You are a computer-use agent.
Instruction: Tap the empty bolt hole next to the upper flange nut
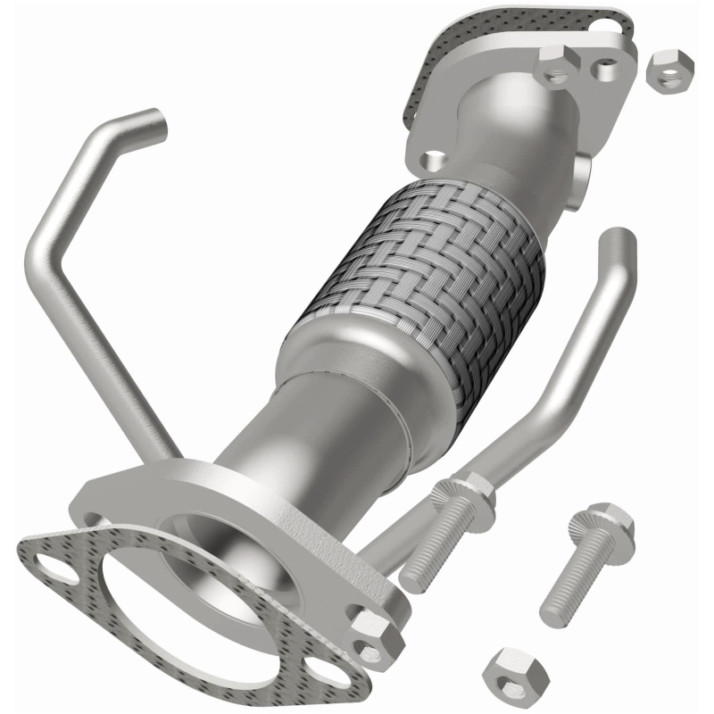click(x=606, y=65)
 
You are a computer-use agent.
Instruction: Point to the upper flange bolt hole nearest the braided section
click(x=435, y=160)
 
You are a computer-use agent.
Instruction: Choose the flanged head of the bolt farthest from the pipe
click(x=610, y=522)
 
